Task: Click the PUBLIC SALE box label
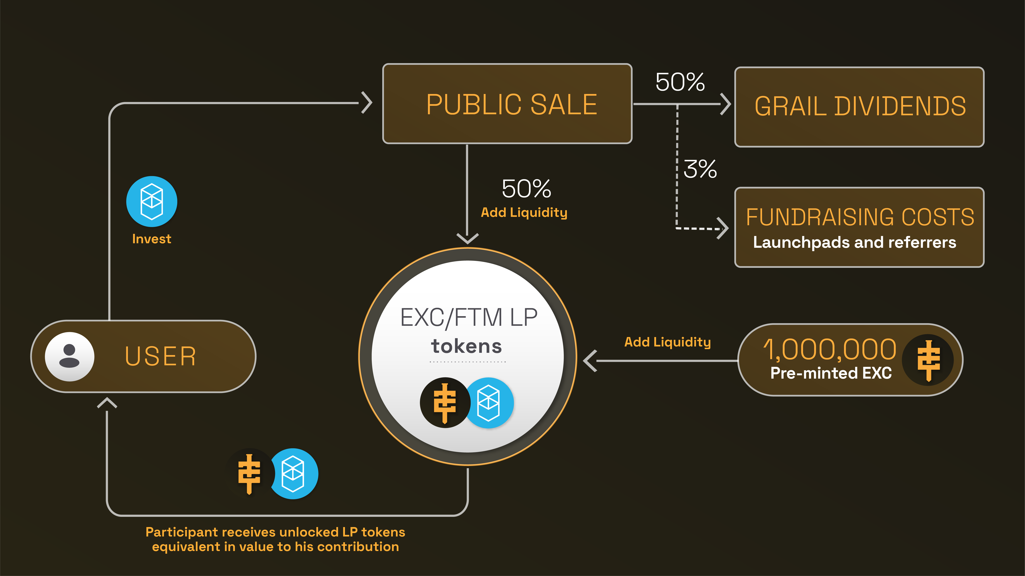[512, 105]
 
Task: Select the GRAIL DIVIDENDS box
[859, 107]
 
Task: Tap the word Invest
[152, 239]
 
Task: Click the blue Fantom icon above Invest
[152, 201]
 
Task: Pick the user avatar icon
[70, 356]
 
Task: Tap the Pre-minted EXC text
[831, 373]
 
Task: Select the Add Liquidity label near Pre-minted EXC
[667, 342]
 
